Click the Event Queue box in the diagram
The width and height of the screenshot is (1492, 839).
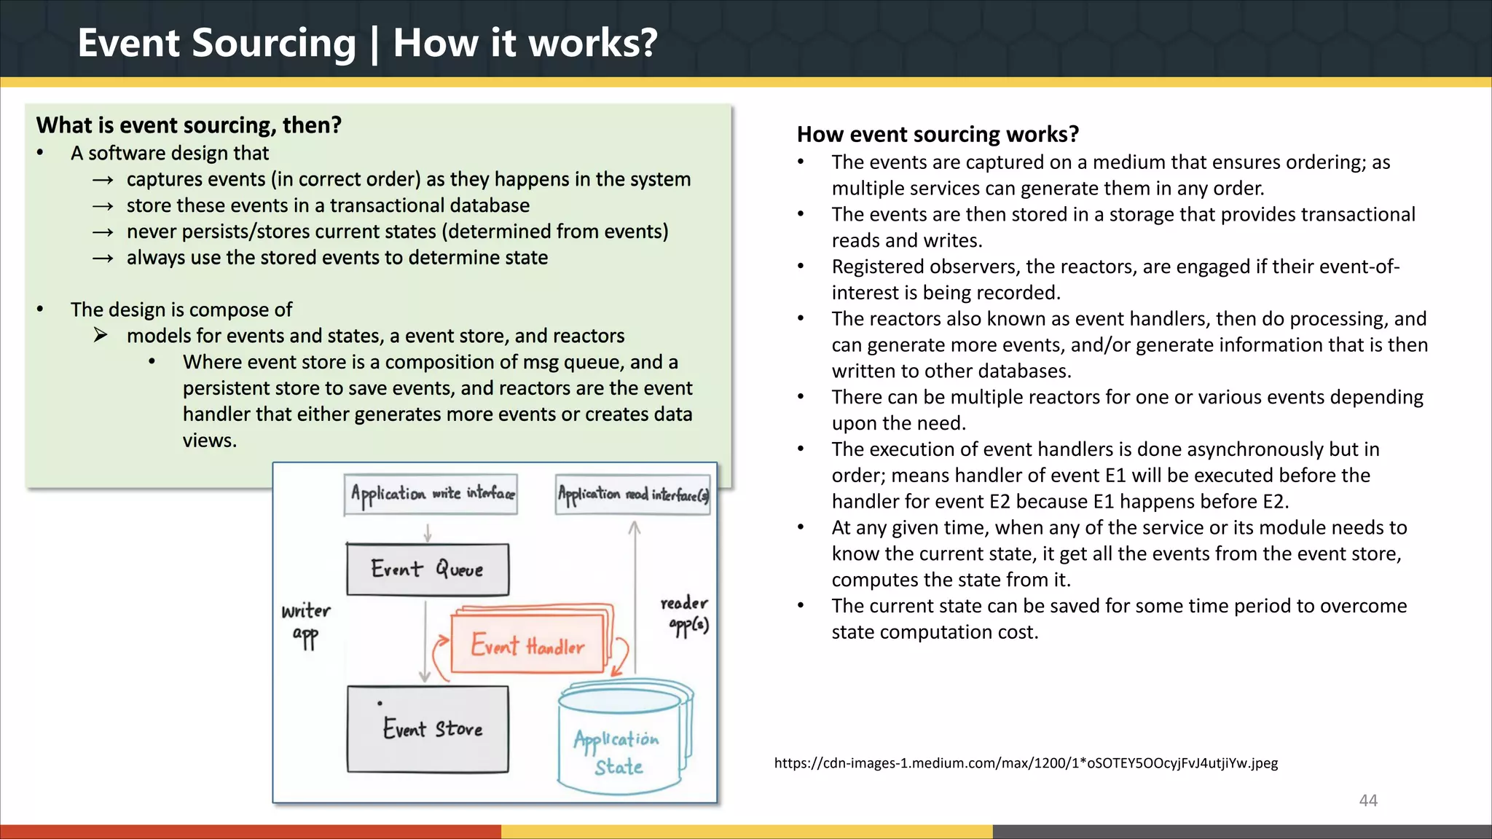tap(428, 570)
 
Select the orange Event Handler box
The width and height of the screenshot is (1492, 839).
tap(527, 645)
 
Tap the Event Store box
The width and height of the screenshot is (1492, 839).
tap(428, 728)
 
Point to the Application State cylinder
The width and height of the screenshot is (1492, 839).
tap(619, 750)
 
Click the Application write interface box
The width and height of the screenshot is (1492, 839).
tap(431, 494)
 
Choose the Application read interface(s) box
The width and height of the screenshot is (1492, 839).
tap(632, 495)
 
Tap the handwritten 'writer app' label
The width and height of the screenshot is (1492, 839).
tap(306, 623)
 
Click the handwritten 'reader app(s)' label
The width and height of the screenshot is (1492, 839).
tap(686, 614)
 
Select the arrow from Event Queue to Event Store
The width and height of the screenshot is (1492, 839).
tap(425, 641)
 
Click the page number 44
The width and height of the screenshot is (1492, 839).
tap(1368, 800)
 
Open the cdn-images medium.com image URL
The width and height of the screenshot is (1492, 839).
tap(1026, 763)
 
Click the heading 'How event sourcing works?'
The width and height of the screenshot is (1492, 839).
tap(938, 135)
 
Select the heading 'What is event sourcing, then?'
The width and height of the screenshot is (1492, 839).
tap(189, 125)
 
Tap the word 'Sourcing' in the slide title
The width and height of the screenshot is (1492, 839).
tap(273, 43)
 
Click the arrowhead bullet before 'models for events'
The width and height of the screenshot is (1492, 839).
tap(101, 336)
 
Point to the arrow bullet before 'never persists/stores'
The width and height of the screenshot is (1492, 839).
tap(103, 232)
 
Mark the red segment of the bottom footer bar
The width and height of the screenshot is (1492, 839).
tap(250, 832)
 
